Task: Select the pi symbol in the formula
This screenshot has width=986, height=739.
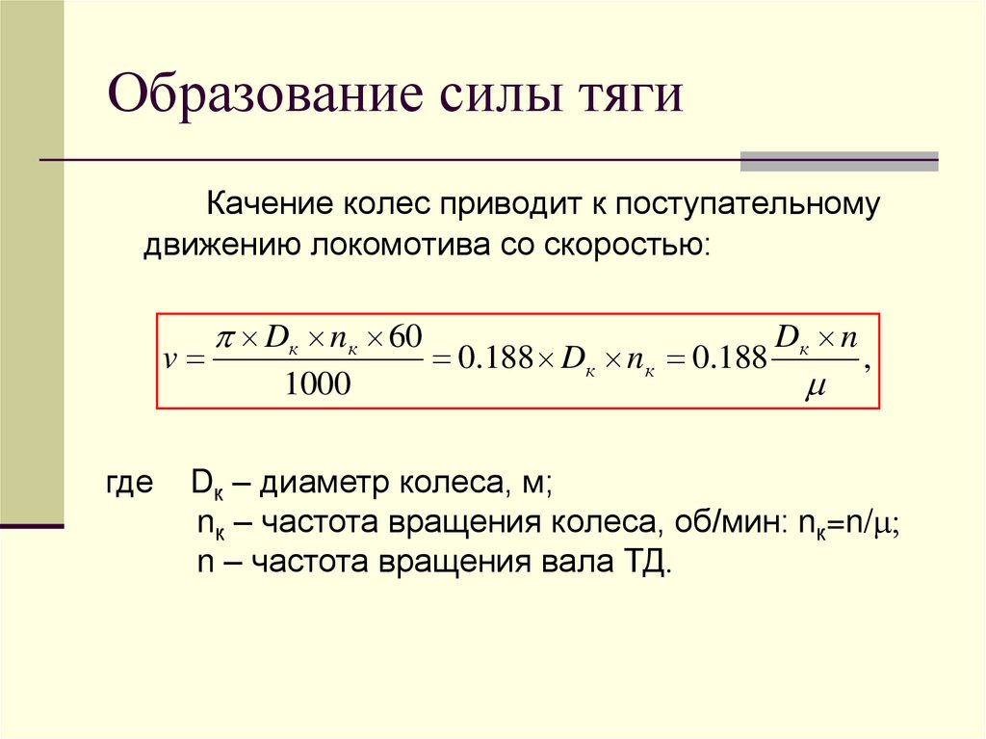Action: point(225,337)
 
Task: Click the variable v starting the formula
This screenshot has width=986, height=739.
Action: point(171,360)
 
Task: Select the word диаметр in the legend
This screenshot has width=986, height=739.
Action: point(314,484)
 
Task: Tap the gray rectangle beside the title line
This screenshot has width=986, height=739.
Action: point(839,161)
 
